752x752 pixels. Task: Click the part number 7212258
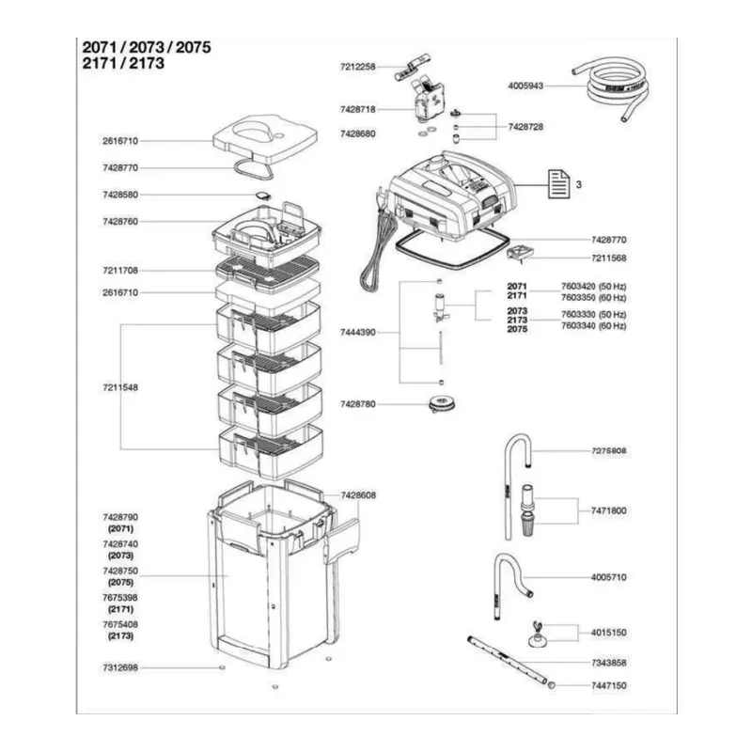[x=358, y=67]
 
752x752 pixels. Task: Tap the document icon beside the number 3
[x=558, y=184]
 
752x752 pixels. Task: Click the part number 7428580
[x=120, y=195]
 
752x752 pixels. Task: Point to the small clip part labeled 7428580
[x=263, y=196]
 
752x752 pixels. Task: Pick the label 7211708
[x=120, y=271]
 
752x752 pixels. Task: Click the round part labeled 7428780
[x=441, y=403]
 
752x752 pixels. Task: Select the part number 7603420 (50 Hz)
[x=593, y=287]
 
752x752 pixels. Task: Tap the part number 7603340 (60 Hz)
[x=593, y=326]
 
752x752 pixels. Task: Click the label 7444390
[x=358, y=332]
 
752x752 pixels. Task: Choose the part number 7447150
[x=608, y=686]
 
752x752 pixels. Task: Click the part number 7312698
[x=120, y=667]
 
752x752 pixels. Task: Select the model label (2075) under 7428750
[x=120, y=582]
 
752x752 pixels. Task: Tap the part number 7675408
[x=120, y=624]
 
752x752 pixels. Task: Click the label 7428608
[x=358, y=495]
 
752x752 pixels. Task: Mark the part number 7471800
[x=608, y=510]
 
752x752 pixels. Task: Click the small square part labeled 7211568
[x=521, y=253]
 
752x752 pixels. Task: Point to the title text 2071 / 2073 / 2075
[x=147, y=48]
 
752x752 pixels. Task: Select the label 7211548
[x=120, y=387]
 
